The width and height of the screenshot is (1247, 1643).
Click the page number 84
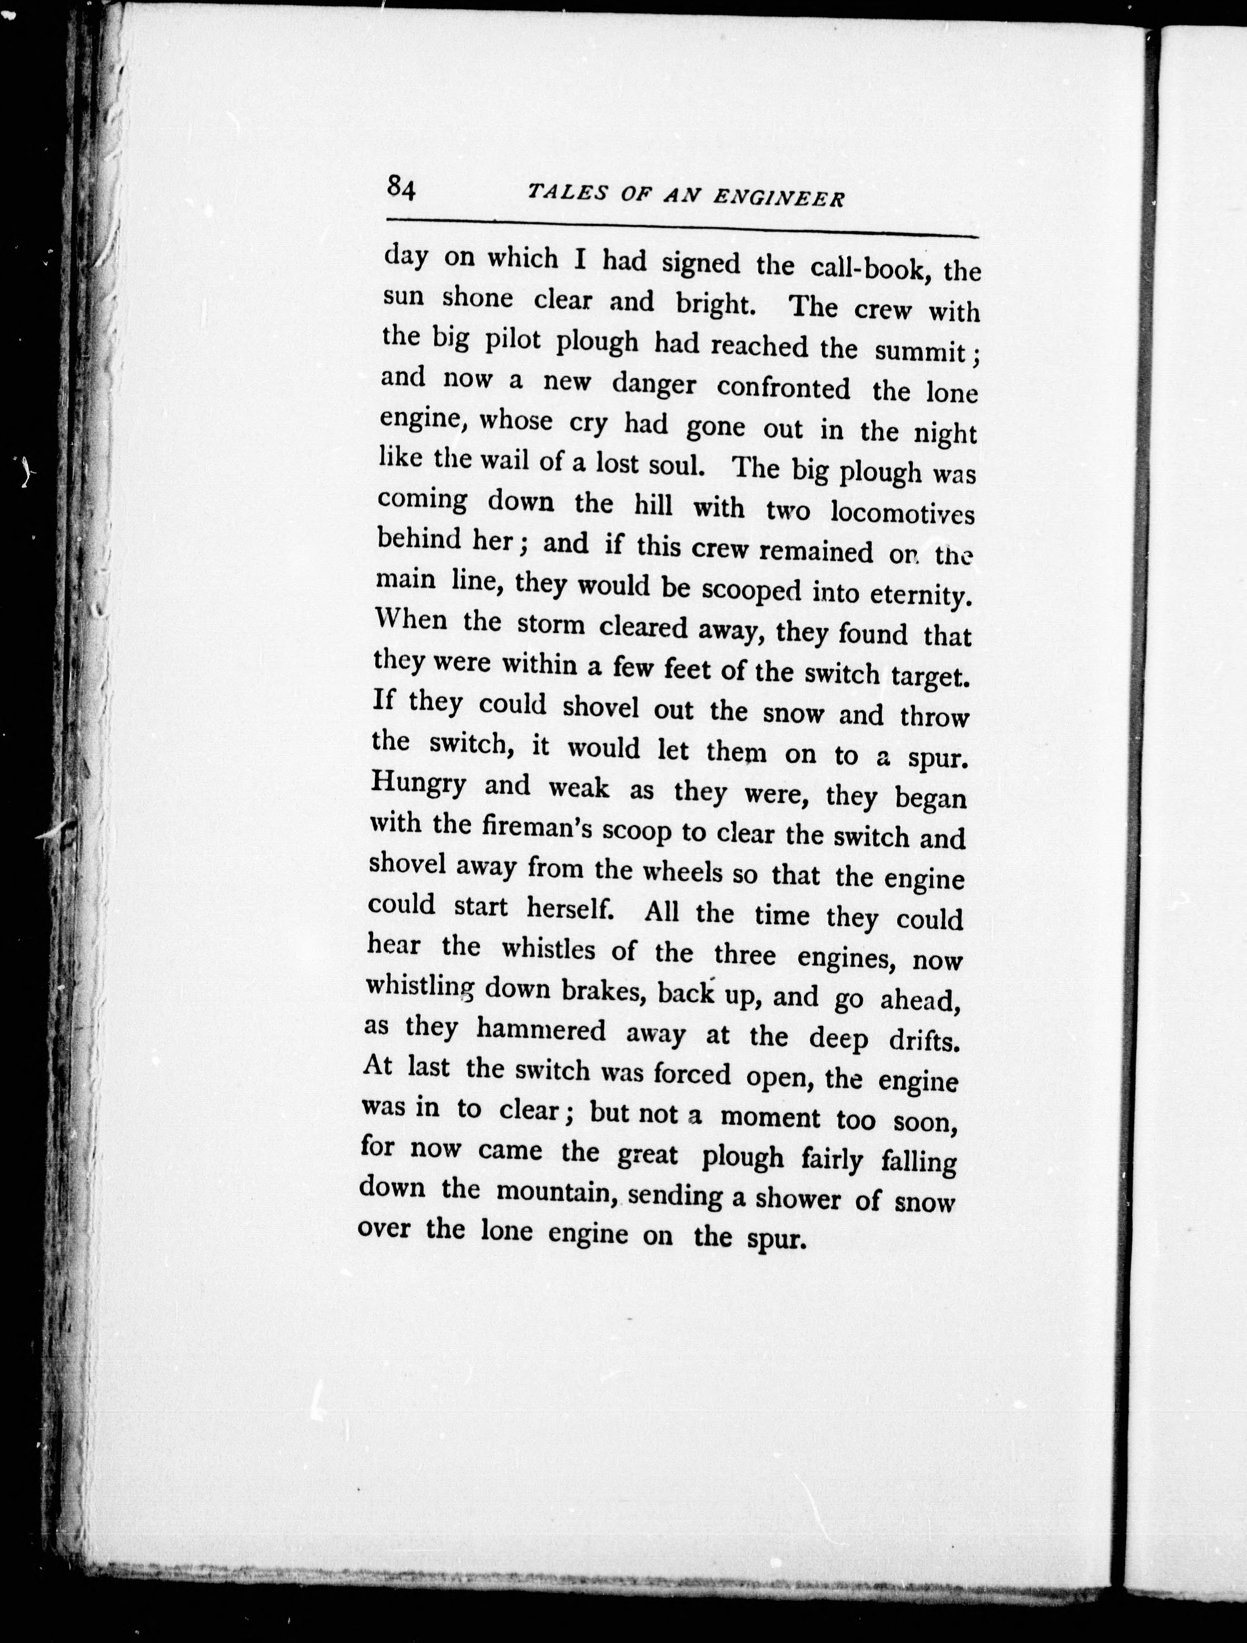pos(400,189)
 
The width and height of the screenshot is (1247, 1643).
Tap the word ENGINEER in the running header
pos(778,198)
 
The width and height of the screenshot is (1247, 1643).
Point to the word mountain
pos(558,1192)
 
